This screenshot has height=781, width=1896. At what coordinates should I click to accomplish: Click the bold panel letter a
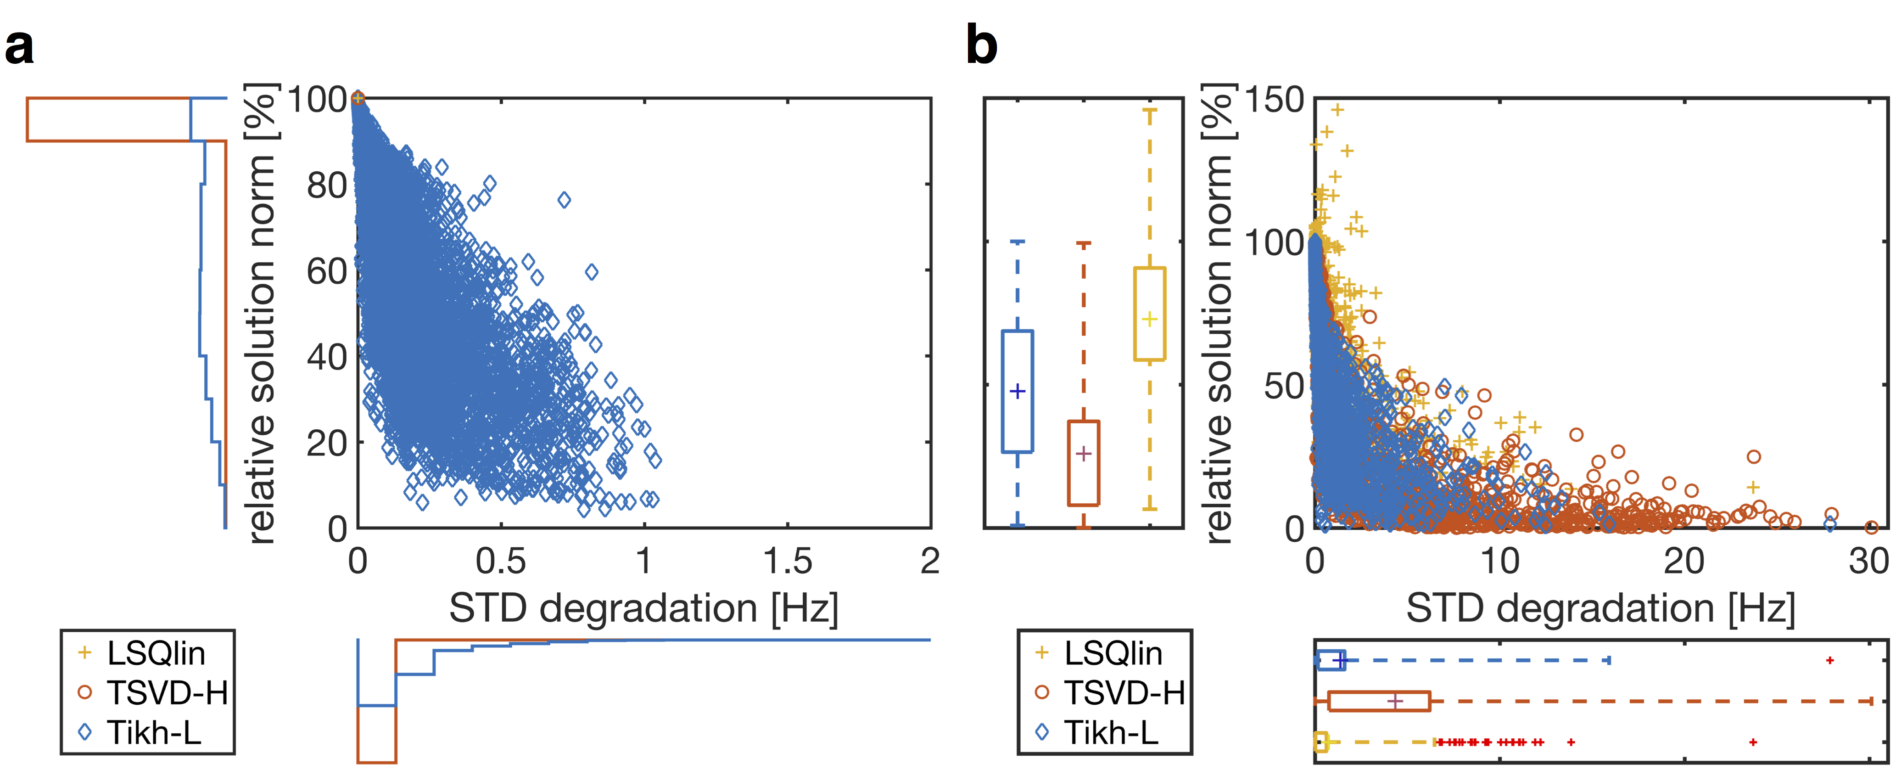tap(19, 47)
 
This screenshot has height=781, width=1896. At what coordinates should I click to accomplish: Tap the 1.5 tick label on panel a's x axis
tap(788, 562)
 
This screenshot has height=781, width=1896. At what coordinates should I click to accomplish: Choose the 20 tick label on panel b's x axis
tap(1684, 562)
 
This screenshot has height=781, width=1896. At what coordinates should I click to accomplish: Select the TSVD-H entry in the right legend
tap(1124, 693)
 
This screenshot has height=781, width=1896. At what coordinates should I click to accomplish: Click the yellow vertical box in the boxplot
tap(1150, 315)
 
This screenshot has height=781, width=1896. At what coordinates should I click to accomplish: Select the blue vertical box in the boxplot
tap(1018, 391)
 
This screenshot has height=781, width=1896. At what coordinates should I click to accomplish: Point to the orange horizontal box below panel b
tap(1379, 701)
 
